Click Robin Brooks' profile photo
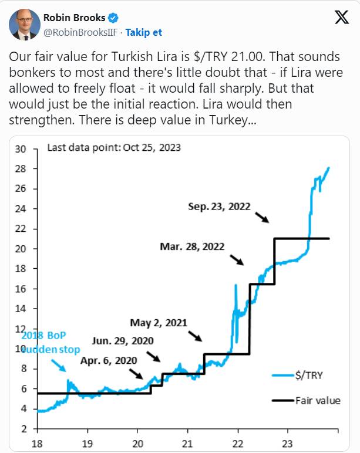click(23, 23)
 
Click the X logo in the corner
click(341, 18)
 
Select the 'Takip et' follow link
click(144, 32)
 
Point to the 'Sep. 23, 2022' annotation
click(219, 207)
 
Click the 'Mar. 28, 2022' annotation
click(192, 246)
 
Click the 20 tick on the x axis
click(137, 444)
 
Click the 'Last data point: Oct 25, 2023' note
click(113, 148)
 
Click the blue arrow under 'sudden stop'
click(58, 365)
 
